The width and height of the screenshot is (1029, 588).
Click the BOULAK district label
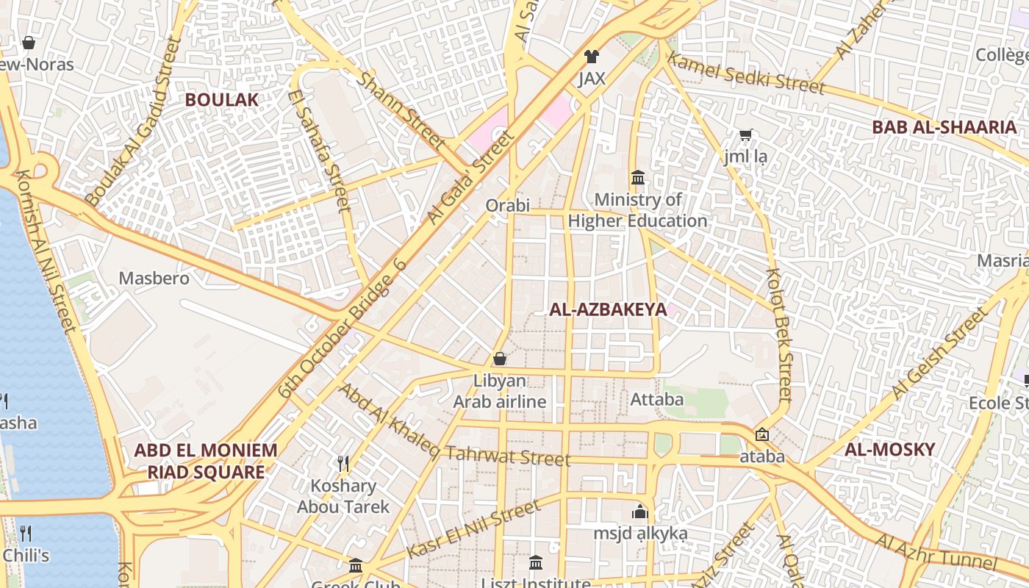(x=221, y=100)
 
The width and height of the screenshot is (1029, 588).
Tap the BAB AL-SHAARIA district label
(x=944, y=127)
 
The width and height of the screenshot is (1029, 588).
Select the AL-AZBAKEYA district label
(x=608, y=309)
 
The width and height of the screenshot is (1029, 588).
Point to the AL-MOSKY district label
(x=889, y=449)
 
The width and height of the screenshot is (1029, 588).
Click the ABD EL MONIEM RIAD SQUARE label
(x=206, y=461)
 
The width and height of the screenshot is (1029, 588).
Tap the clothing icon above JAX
(x=591, y=56)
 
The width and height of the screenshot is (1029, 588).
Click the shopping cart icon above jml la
(x=746, y=135)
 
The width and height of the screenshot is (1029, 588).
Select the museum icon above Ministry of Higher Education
(x=637, y=178)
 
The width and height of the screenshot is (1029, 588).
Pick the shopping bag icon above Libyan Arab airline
(x=500, y=359)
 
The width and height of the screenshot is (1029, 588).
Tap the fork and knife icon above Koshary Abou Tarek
(x=343, y=463)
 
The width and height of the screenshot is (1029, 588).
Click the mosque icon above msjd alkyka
(x=640, y=511)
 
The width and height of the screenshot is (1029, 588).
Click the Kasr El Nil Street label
(x=473, y=529)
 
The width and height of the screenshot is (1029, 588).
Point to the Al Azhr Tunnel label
(x=935, y=552)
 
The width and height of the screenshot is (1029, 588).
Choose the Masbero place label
(x=154, y=279)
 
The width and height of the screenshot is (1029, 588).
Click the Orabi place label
(x=507, y=206)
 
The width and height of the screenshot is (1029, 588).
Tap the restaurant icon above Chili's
(x=26, y=533)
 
